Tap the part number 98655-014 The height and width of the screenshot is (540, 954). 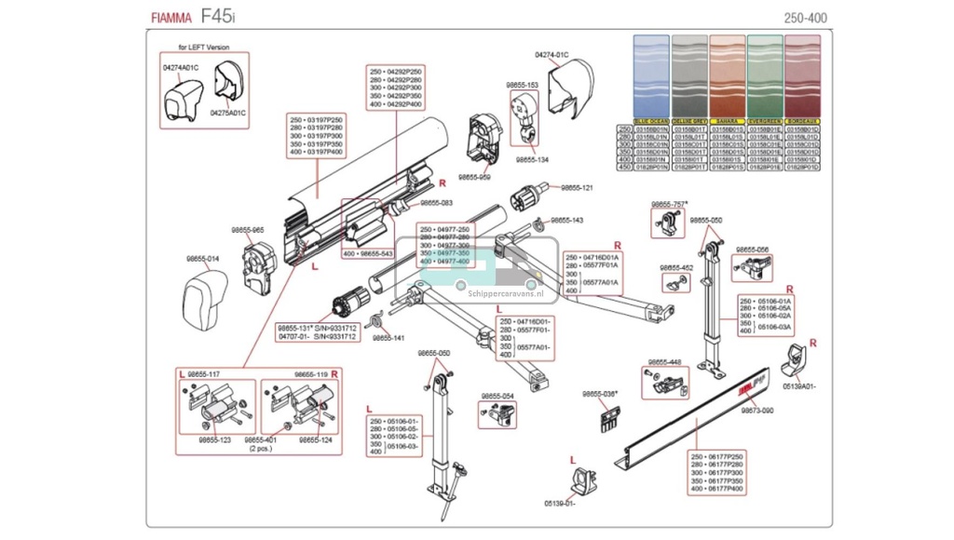point(202,258)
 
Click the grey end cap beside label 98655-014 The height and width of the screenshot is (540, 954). point(204,295)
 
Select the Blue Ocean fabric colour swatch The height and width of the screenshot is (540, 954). point(651,78)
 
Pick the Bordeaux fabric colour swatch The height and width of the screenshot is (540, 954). point(802,78)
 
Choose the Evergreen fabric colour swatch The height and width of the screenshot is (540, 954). point(764,78)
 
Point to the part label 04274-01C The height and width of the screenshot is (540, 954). point(552,55)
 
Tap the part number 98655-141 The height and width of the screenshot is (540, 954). point(388,339)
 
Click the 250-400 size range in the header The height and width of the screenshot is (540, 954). point(806,18)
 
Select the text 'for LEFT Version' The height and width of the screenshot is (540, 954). point(204,47)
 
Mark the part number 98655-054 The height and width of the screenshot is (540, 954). point(497,397)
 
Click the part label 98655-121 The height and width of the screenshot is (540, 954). point(576,188)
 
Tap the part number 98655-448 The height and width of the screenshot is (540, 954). point(662,362)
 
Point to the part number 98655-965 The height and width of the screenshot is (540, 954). point(248,229)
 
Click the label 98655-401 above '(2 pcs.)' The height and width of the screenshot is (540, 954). point(260,439)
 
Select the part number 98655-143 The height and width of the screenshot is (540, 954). point(566,221)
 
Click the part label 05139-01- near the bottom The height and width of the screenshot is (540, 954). point(561,504)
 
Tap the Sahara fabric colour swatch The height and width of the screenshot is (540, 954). point(727,78)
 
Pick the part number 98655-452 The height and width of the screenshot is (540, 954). point(676,268)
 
